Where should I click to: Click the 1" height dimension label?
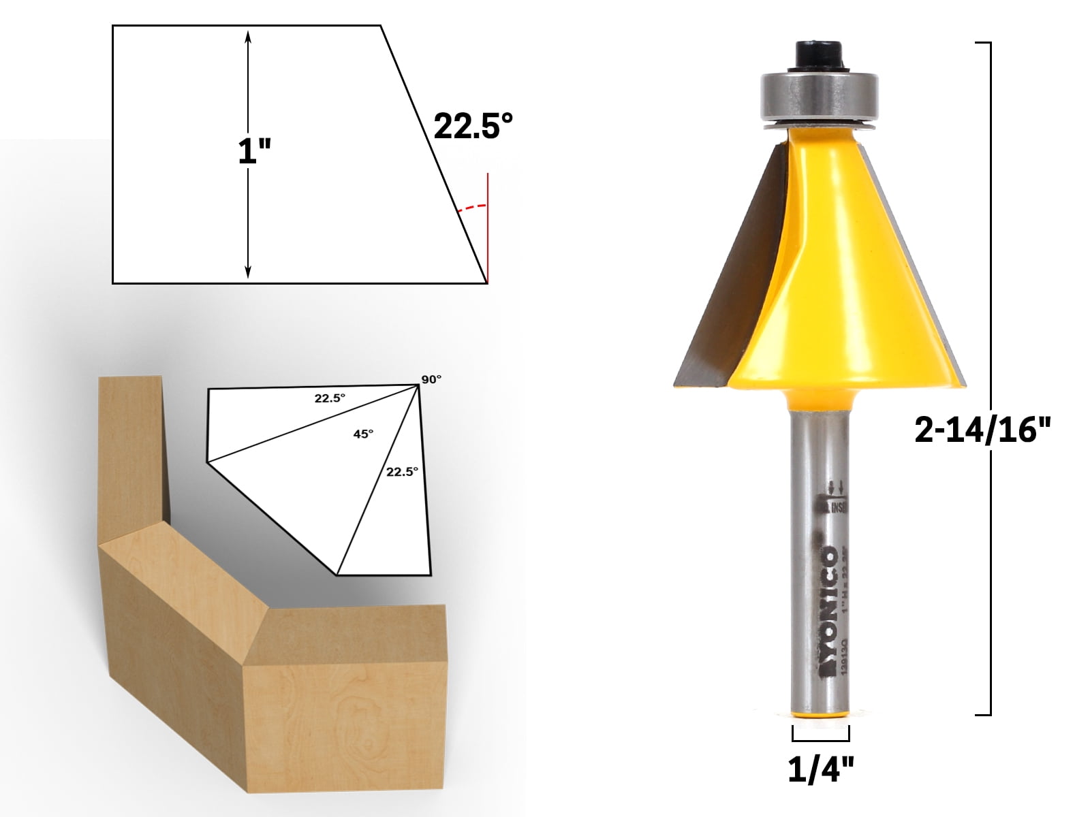254,151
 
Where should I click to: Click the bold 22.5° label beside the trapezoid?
473,126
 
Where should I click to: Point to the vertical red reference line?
488,225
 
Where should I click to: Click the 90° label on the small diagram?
431,379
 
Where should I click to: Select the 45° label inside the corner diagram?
363,434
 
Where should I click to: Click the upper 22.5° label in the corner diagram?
330,398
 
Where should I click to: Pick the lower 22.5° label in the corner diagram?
402,471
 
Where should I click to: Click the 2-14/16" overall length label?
982,430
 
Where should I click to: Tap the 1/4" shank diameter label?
820,770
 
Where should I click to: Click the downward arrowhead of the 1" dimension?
248,272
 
